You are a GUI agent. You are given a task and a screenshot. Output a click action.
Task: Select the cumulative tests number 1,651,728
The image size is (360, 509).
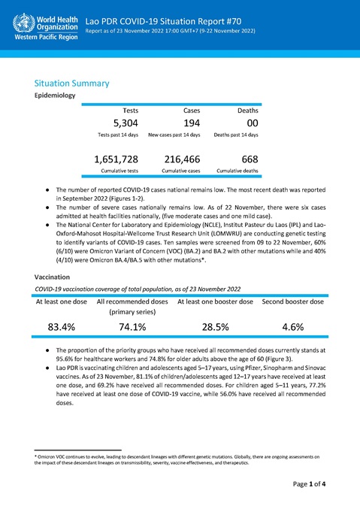[x=116, y=159]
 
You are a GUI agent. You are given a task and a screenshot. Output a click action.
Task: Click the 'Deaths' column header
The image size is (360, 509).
[x=248, y=110]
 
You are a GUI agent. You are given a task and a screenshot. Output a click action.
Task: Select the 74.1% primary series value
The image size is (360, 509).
[x=132, y=326]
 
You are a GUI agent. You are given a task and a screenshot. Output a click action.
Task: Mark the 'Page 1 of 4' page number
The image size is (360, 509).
[x=309, y=486]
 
